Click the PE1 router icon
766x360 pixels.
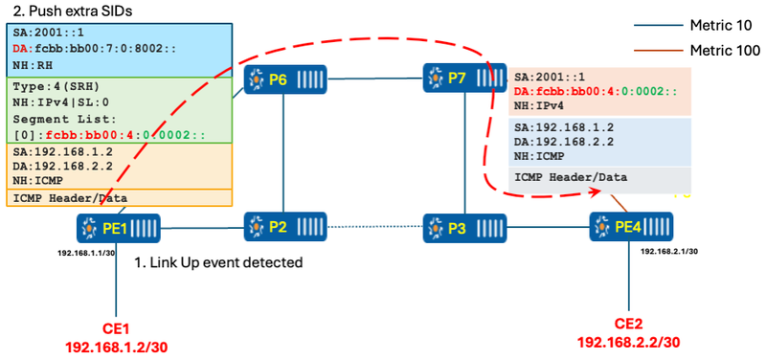click(x=118, y=228)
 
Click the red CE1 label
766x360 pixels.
click(x=117, y=328)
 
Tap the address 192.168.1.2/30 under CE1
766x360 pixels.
click(x=117, y=346)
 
